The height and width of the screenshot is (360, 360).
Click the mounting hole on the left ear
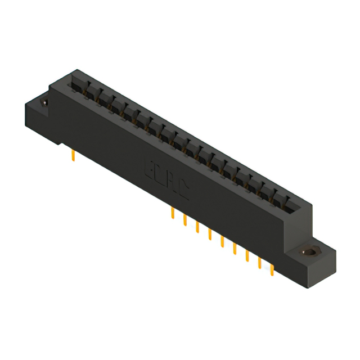[x=44, y=103]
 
